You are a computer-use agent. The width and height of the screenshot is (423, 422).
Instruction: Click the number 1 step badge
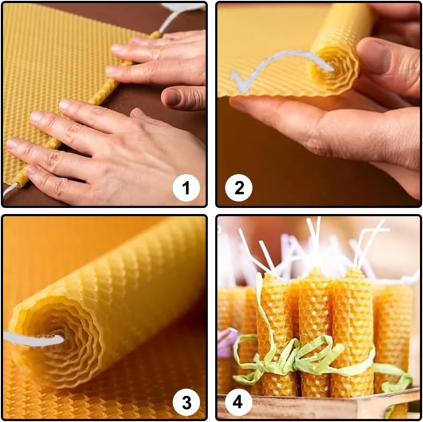pyautogui.click(x=186, y=188)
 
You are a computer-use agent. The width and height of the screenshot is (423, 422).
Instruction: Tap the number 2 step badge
pyautogui.click(x=239, y=188)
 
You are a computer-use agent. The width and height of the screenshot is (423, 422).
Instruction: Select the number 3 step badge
pyautogui.click(x=186, y=403)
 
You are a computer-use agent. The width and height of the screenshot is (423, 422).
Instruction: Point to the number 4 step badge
pyautogui.click(x=239, y=403)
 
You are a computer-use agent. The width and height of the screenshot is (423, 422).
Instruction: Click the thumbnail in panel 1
pyautogui.click(x=173, y=97)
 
